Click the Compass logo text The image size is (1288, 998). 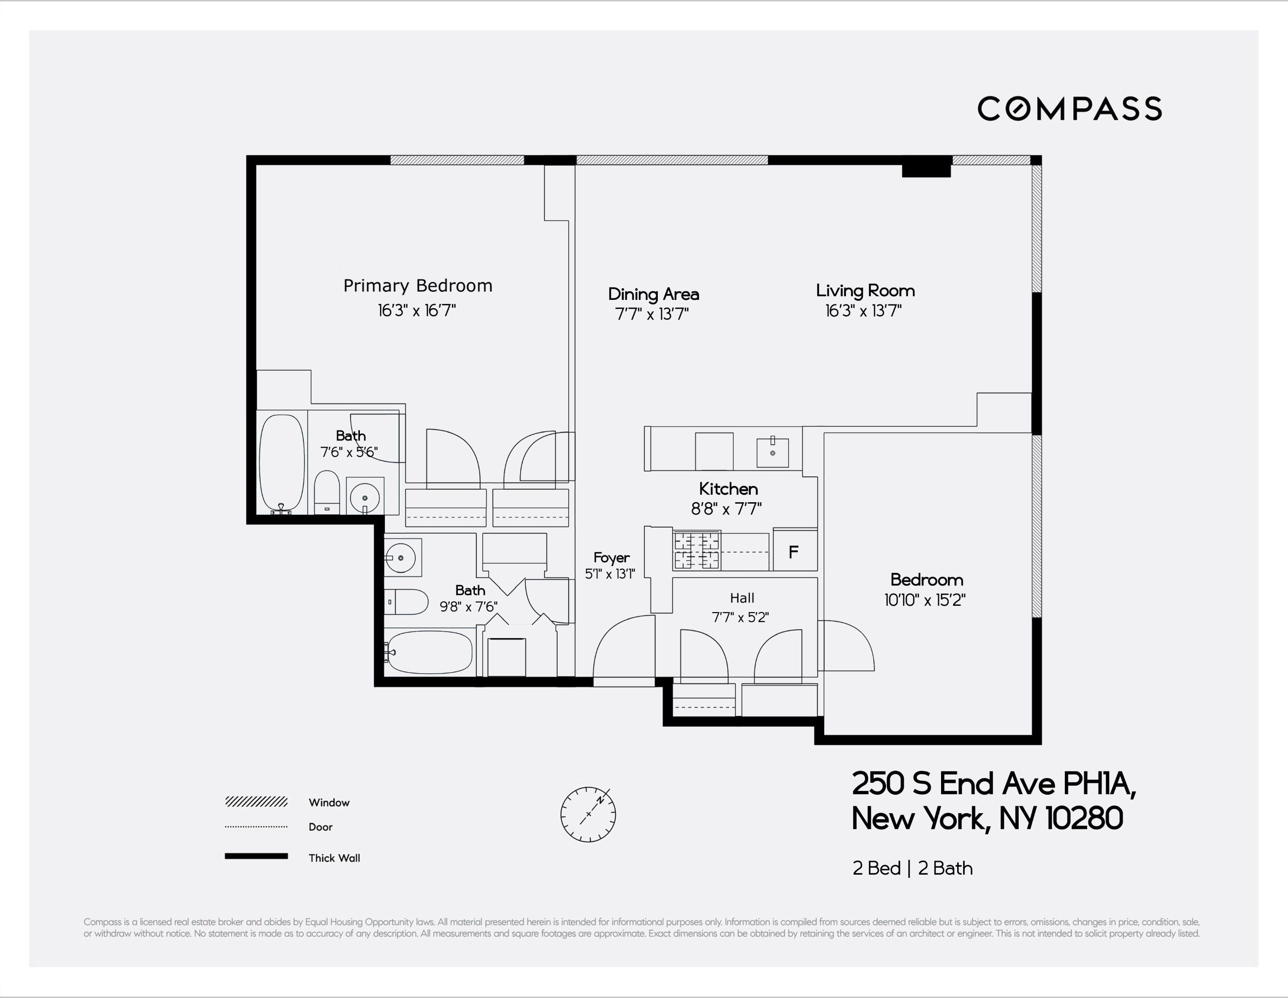1069,109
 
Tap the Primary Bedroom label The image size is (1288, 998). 418,286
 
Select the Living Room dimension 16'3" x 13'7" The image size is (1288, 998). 863,311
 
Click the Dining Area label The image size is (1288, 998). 653,294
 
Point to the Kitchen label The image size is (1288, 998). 729,488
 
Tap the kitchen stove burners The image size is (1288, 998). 697,551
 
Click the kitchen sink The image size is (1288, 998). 772,452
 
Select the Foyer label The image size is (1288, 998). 611,557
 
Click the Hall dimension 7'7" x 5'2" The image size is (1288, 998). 740,618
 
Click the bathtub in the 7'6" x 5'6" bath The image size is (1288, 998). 282,463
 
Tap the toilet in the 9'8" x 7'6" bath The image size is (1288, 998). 407,602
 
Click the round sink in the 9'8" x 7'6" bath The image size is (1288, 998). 401,557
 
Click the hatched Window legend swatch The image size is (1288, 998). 256,802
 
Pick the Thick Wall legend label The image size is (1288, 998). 334,858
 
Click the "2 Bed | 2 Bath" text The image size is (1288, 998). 912,868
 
